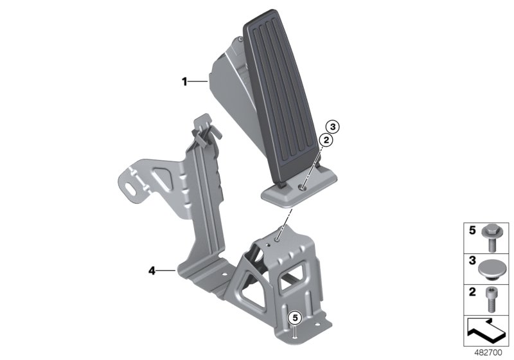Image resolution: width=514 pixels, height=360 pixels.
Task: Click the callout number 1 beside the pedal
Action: coord(184,82)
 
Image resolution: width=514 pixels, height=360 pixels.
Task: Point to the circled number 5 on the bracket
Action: coord(294,318)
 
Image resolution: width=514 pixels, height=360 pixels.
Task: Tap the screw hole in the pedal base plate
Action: coord(301,188)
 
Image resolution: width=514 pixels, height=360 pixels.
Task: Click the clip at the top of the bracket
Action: coord(205,131)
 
